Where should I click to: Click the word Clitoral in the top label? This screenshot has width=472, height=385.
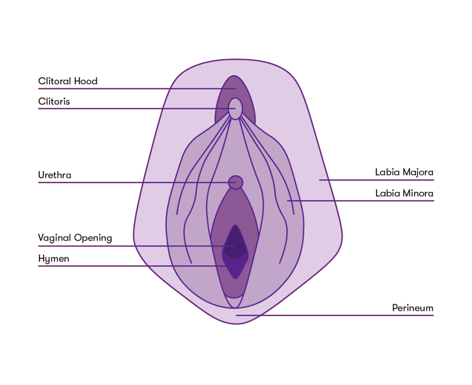tap(55, 81)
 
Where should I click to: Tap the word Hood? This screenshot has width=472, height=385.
tap(86, 81)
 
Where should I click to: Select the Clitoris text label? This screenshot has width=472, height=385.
tap(54, 102)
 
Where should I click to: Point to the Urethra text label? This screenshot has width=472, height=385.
tap(55, 175)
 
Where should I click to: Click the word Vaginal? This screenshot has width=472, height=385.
tap(54, 238)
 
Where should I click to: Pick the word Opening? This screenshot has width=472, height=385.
tap(93, 238)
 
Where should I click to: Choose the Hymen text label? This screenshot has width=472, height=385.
tap(54, 259)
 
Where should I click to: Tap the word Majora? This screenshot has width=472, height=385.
tap(418, 172)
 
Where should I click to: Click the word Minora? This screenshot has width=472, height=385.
tap(418, 193)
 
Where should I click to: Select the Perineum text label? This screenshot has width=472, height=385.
tap(413, 308)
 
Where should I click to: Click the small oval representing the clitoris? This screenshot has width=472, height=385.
tap(235, 109)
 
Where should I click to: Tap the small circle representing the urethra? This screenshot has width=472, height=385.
tap(235, 182)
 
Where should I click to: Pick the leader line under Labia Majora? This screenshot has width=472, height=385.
tap(383, 180)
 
